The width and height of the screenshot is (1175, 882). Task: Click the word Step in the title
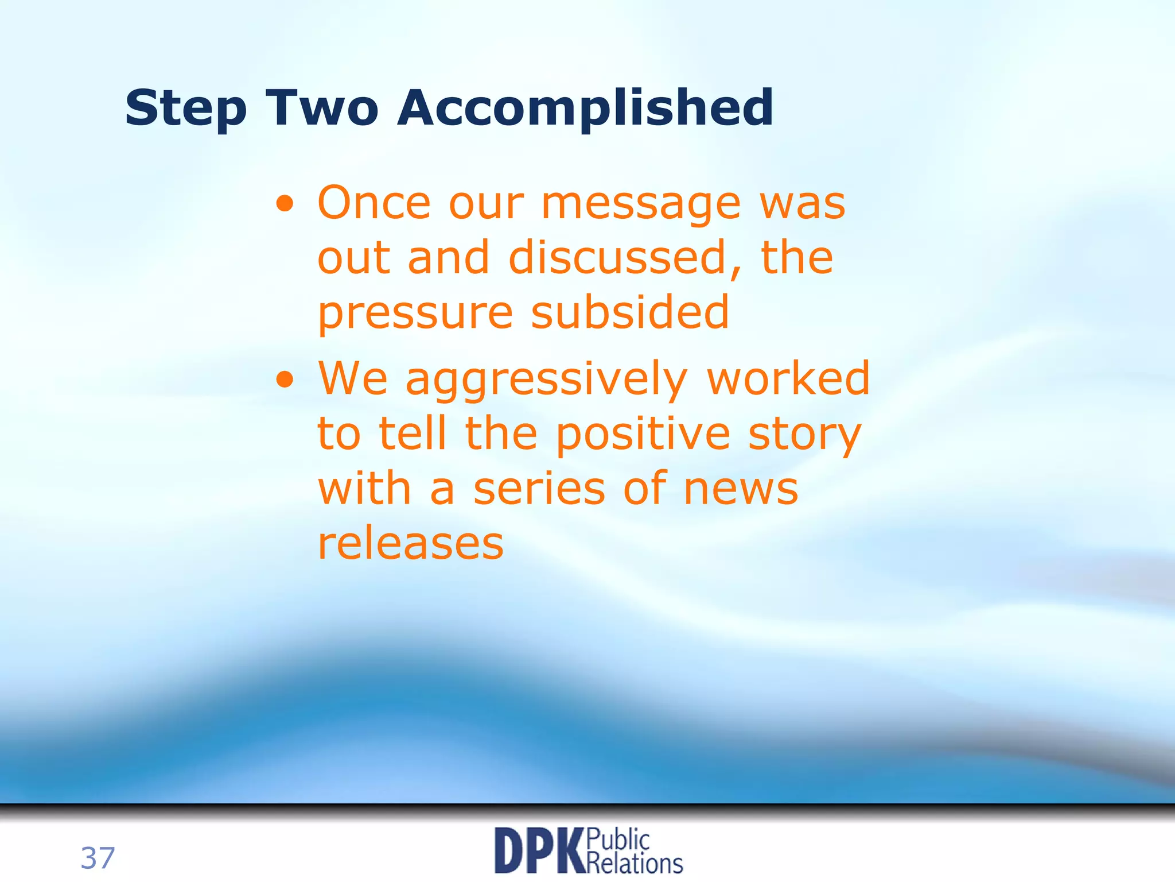(185, 109)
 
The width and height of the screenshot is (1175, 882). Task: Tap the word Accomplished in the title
(585, 109)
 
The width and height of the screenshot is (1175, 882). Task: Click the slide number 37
(98, 858)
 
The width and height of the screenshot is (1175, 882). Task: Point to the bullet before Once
(285, 203)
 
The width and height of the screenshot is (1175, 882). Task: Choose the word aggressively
(546, 381)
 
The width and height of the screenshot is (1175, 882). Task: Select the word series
(539, 489)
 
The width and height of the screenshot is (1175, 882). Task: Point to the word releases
(410, 544)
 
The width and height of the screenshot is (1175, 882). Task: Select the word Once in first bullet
(373, 203)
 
